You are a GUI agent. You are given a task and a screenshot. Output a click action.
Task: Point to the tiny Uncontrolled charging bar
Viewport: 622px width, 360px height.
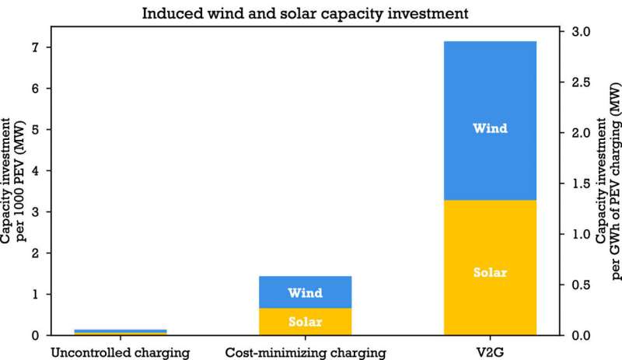(x=121, y=332)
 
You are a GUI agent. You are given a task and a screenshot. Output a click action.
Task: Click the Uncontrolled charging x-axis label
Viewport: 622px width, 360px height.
(x=121, y=353)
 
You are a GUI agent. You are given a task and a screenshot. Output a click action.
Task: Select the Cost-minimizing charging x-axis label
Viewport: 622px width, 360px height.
(x=305, y=353)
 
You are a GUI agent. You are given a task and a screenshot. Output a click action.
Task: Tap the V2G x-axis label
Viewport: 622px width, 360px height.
(x=490, y=353)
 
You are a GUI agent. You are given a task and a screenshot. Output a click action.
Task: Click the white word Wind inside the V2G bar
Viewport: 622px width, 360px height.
(x=490, y=128)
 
